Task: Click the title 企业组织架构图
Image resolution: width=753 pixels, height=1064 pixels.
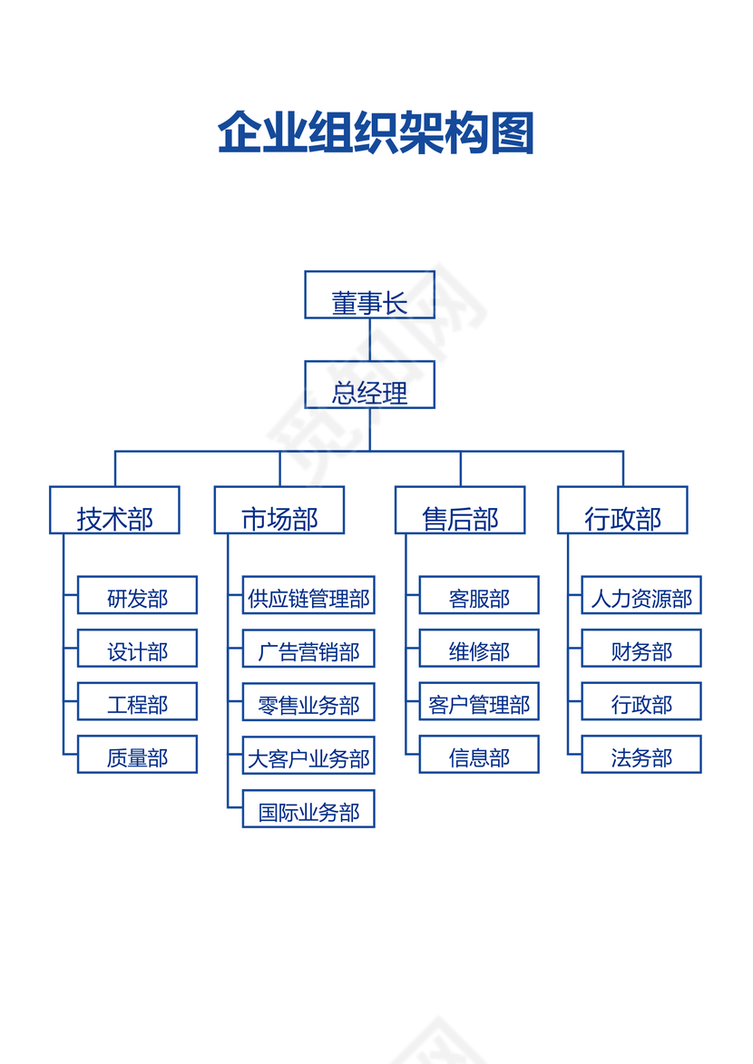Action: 376,134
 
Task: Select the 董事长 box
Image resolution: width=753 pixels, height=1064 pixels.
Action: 369,295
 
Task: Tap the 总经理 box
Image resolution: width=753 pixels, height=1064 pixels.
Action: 369,385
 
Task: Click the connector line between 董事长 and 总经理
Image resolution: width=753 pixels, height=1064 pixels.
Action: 369,339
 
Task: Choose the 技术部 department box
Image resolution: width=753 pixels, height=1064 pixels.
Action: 114,510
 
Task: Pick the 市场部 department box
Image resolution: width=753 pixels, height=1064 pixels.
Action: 279,510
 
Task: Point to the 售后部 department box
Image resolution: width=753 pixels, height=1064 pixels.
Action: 460,510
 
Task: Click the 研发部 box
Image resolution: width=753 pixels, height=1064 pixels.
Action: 137,595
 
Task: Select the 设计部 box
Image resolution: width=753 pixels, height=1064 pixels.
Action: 137,648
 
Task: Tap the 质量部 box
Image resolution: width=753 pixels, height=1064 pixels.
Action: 137,754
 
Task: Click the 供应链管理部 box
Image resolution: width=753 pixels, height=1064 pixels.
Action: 308,595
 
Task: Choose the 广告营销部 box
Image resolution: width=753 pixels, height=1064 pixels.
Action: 308,648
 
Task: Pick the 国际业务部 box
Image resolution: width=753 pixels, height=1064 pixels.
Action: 308,808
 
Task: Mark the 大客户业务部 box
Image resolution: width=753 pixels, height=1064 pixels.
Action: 308,755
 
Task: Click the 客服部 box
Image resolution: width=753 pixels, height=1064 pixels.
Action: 479,595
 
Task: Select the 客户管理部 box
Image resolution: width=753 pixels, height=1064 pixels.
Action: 479,701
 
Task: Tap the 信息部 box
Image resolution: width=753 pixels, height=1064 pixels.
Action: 479,754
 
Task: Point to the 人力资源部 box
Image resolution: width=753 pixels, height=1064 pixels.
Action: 641,595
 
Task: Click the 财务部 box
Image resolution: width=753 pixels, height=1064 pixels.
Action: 641,648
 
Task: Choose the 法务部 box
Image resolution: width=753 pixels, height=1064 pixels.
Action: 641,754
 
